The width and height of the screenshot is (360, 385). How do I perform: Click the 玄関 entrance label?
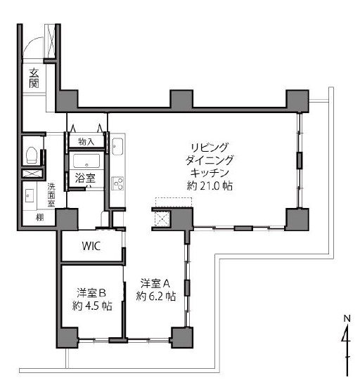[x=34, y=77]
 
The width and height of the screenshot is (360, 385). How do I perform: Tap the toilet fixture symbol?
[x=30, y=152]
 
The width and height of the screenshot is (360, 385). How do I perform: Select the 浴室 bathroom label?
[x=85, y=179]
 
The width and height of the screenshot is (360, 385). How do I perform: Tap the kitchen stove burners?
[x=117, y=183]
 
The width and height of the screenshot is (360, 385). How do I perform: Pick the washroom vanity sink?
[x=30, y=196]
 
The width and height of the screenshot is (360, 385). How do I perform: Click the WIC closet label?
[x=90, y=247]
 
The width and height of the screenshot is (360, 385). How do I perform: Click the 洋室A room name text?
[x=153, y=284]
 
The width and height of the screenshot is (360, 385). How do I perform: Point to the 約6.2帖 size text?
[x=155, y=296]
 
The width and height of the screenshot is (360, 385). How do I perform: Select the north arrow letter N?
[x=346, y=318]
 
